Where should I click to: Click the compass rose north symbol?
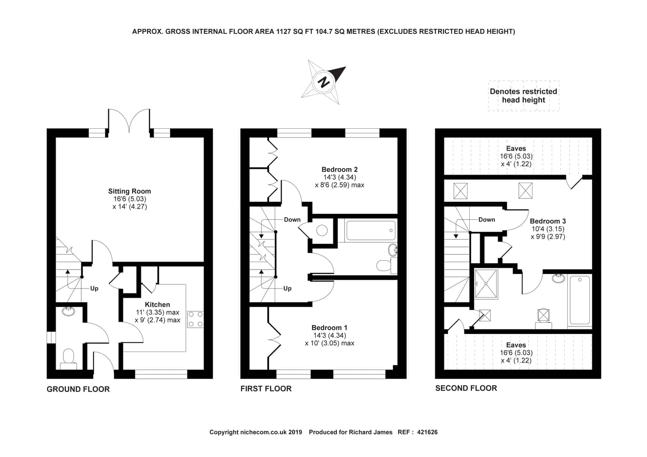pos(324,82)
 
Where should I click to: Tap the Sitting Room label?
pos(129,191)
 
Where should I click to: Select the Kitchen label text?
pos(157,304)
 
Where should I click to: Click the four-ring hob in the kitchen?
pos(195,319)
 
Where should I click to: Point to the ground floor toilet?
pos(69,359)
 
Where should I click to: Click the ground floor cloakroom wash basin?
pos(68,311)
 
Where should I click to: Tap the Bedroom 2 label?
pos(340,169)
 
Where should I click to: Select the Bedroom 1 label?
pos(329,327)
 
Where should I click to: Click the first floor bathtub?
pos(371,230)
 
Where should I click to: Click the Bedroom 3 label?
pos(548,221)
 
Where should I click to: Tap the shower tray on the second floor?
pos(486,284)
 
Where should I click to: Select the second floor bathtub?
pos(580,300)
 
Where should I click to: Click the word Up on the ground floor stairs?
pos(94,288)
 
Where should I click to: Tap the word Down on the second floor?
pos(487,220)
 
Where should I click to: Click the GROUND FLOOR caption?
pos(78,389)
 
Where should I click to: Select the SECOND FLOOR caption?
pos(466,388)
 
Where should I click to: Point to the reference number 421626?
pos(427,432)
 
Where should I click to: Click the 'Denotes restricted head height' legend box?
pos(523,96)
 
